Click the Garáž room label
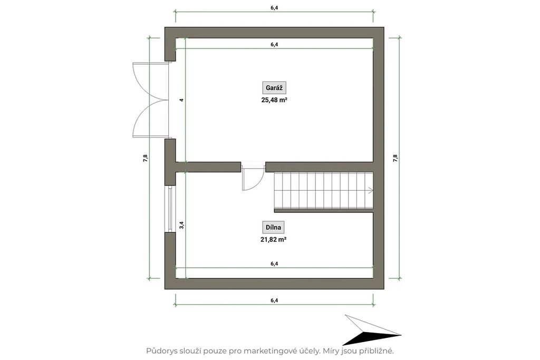tap(274, 88)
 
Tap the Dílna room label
tap(274, 227)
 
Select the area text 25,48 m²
tap(274, 100)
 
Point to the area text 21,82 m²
tap(274, 239)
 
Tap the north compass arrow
tap(372, 330)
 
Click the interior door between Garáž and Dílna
tap(253, 177)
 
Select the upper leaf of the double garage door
tap(150, 82)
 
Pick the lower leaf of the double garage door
tap(150, 119)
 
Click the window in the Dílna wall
tap(170, 209)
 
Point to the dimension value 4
tap(182, 100)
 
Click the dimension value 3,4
tap(182, 225)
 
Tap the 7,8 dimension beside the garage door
tap(146, 158)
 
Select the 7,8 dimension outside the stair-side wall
tap(396, 158)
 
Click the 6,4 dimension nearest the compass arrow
tap(274, 300)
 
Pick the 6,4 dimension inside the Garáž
tap(274, 44)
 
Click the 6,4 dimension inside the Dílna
tap(274, 264)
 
